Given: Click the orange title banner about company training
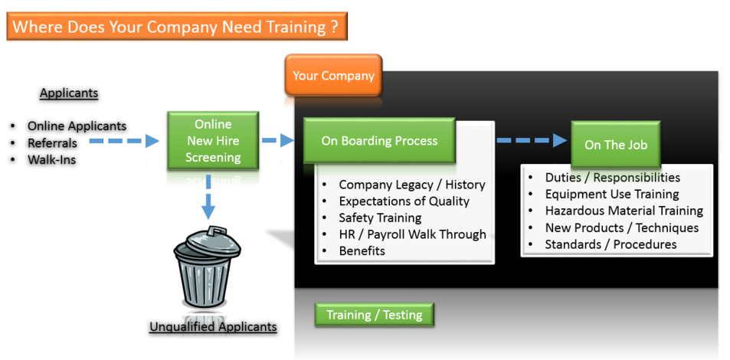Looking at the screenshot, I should tap(176, 27).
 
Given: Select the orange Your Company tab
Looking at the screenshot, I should tap(333, 76).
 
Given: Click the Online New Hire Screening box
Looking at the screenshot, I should tap(214, 141).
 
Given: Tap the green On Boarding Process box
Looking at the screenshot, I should tap(379, 141).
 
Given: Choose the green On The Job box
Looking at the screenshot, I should tap(615, 145).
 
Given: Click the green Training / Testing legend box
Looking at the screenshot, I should tap(374, 315).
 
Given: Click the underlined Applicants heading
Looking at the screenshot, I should tap(69, 93).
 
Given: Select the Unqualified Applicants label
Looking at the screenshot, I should tap(213, 327).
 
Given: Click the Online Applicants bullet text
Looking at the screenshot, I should tap(77, 126).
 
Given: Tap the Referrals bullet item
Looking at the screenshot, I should tap(52, 143).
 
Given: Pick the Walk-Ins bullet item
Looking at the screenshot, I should tap(51, 160).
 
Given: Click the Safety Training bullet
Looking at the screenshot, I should tap(380, 218).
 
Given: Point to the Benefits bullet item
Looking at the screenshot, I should tap(362, 251).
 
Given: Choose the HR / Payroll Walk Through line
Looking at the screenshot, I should tap(412, 234).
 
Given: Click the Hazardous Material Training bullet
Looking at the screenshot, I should tap(624, 211).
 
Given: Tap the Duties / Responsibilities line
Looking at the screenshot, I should tap(612, 177).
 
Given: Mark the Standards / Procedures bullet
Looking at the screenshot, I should tap(611, 244).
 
